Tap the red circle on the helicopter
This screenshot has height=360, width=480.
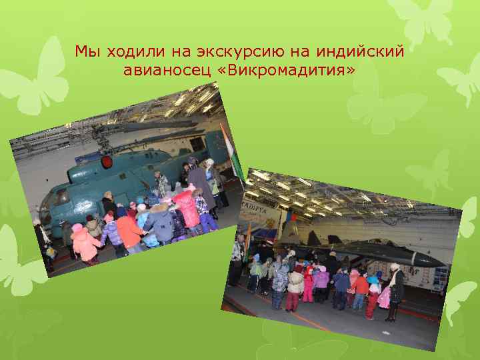pyautogui.click(x=106, y=162)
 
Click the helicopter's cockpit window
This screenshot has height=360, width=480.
pyautogui.click(x=58, y=198)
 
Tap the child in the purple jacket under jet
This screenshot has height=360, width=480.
pyautogui.click(x=321, y=280)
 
